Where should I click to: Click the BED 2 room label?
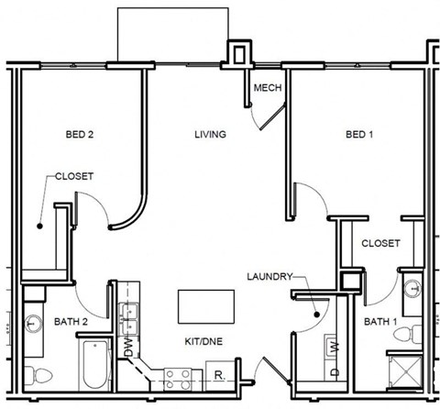(79, 135)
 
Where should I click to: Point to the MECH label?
(267, 88)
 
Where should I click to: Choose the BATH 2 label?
(69, 321)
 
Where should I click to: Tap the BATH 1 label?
(380, 321)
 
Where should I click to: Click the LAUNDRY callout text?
(269, 276)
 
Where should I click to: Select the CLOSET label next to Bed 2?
(73, 176)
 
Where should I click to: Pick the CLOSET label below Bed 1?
(379, 243)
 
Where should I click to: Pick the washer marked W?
(335, 347)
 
